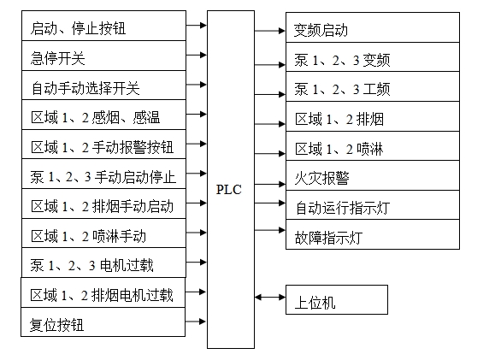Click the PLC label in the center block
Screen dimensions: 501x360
(x=228, y=190)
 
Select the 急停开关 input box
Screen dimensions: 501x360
(x=103, y=56)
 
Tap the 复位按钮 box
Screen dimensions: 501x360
(x=103, y=322)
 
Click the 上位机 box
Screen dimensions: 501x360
(x=337, y=299)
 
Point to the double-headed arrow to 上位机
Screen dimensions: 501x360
(x=270, y=298)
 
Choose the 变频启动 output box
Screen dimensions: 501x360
(x=373, y=27)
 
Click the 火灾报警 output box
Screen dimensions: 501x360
(x=373, y=175)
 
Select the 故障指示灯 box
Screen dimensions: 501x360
(x=373, y=234)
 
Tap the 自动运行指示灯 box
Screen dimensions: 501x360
(x=373, y=205)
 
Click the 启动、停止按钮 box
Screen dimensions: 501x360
(x=103, y=26)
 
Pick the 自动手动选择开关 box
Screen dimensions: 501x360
(x=103, y=86)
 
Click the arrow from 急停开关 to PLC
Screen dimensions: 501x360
(x=196, y=55)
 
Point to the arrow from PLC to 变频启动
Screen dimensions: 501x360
(x=270, y=31)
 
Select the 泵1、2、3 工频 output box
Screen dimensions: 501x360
(x=373, y=86)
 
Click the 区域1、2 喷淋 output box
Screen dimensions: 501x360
(x=373, y=145)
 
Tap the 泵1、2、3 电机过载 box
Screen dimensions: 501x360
(x=103, y=263)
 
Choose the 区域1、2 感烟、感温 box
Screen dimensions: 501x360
(x=103, y=115)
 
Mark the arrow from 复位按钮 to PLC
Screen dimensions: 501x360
(x=196, y=322)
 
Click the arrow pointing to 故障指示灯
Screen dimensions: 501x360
(x=270, y=230)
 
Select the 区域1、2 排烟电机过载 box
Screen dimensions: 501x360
(x=103, y=292)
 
